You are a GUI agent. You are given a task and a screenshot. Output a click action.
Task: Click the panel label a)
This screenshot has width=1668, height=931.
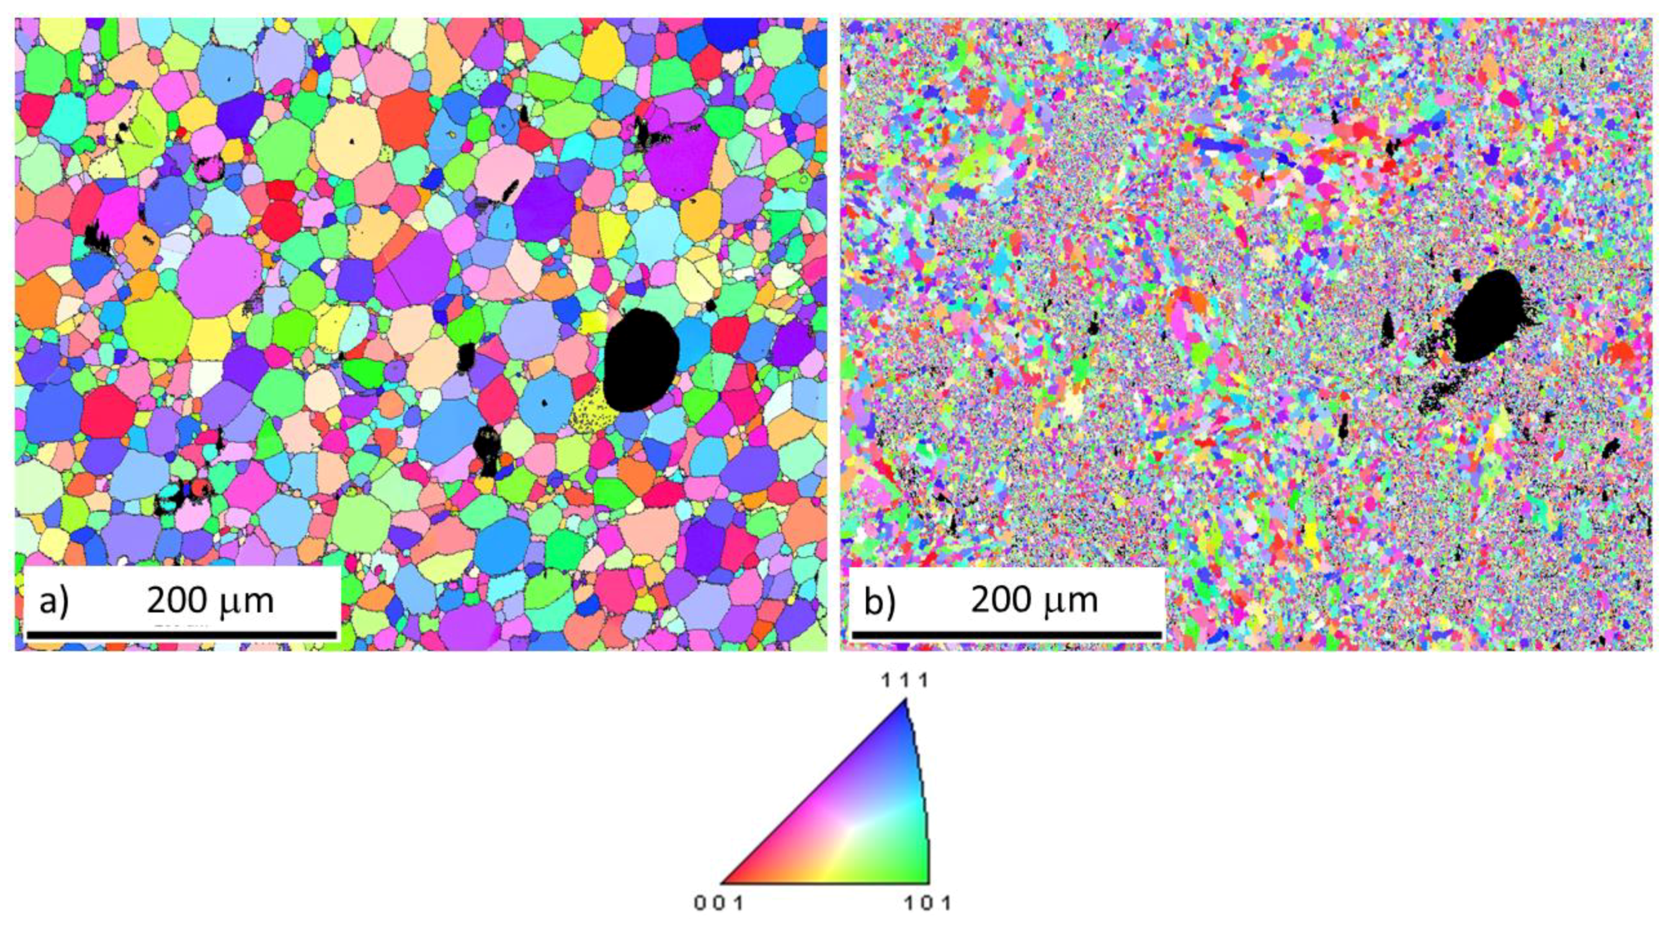(53, 601)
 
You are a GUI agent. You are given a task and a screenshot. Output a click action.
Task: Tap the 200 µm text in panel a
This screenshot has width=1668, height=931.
(210, 601)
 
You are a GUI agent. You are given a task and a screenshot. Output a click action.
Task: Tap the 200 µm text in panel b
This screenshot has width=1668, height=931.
(1034, 601)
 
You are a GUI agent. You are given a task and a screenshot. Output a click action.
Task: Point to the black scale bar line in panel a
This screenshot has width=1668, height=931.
(181, 635)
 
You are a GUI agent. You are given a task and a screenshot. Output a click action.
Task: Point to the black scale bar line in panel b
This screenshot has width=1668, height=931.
(1007, 635)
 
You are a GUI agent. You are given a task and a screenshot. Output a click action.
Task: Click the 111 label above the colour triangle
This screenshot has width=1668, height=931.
(906, 681)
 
